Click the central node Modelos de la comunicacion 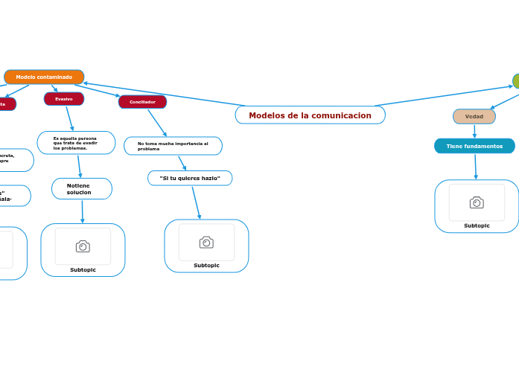(x=310, y=115)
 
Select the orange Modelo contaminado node (x=44, y=77)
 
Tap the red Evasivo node (x=64, y=99)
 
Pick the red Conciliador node (x=142, y=102)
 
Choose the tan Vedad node (x=474, y=117)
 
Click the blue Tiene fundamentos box (x=474, y=147)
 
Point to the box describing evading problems (x=76, y=143)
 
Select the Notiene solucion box (x=82, y=189)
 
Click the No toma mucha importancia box (x=173, y=146)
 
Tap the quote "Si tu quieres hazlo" (x=190, y=179)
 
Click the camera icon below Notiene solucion (x=83, y=246)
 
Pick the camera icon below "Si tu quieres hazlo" (x=206, y=242)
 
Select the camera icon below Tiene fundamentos (x=477, y=202)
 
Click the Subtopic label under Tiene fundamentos (x=477, y=226)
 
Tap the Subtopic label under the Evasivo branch (x=83, y=269)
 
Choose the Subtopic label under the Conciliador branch (x=206, y=265)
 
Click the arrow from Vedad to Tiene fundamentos (x=474, y=131)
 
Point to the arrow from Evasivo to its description (x=69, y=118)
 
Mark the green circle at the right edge (x=516, y=80)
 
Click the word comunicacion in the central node (x=342, y=115)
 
